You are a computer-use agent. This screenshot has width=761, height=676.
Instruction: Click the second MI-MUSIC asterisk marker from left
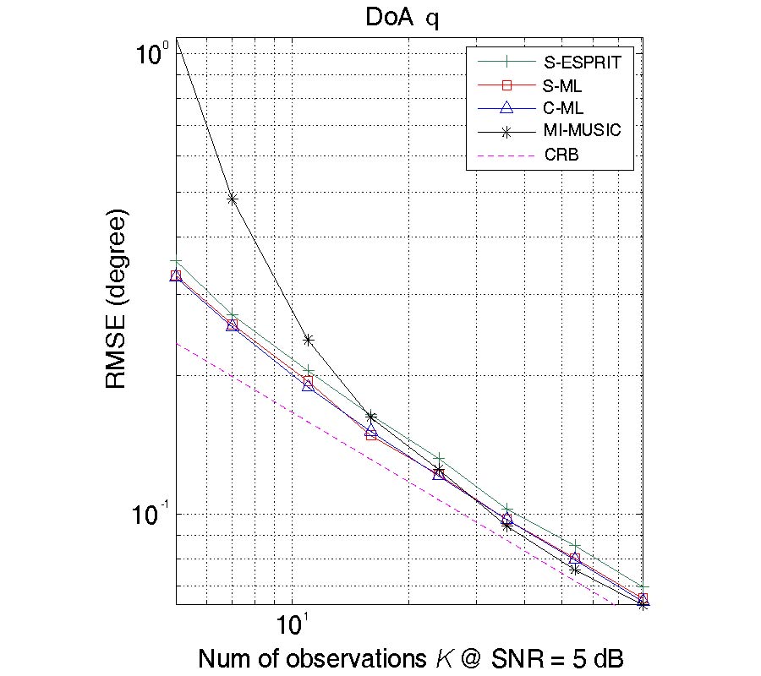click(x=233, y=199)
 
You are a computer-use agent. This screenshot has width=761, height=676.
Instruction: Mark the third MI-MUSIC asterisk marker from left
click(x=309, y=340)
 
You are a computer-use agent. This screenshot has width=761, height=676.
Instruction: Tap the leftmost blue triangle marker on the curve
click(x=176, y=275)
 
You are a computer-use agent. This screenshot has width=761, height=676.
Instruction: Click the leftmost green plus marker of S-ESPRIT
click(x=176, y=262)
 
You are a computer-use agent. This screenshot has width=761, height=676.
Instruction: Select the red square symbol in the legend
click(x=506, y=84)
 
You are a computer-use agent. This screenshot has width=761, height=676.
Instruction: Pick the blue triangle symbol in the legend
click(x=506, y=107)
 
